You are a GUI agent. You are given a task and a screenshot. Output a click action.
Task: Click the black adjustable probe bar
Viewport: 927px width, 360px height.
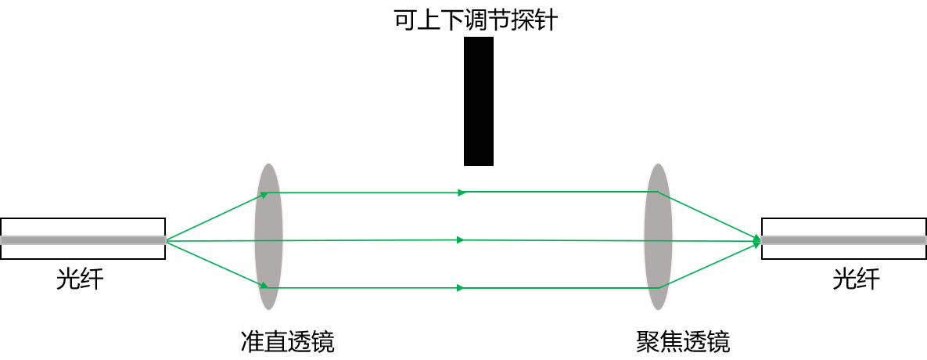point(478,101)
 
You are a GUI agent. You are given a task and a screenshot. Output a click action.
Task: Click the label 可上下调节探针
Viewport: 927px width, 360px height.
point(476,20)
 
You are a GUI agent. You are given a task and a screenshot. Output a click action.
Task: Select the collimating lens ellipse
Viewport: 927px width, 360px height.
point(268,236)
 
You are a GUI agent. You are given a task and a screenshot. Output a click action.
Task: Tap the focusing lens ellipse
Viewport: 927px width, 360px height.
point(658,236)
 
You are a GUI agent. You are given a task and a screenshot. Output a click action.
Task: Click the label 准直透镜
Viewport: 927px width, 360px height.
point(288,341)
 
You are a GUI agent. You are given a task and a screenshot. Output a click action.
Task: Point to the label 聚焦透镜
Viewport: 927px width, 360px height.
point(684,341)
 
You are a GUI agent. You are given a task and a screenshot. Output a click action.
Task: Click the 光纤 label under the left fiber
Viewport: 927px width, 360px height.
point(80,279)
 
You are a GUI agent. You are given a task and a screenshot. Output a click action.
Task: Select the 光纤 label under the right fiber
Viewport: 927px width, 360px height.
point(857,279)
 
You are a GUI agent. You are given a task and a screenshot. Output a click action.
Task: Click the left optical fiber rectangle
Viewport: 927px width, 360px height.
point(83,239)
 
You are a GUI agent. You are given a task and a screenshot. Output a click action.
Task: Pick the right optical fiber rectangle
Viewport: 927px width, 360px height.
point(844,239)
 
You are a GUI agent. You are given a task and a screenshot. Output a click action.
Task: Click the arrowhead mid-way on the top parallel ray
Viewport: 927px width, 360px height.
point(462,192)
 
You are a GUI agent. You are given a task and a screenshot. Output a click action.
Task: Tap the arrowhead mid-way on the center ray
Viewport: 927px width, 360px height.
point(462,240)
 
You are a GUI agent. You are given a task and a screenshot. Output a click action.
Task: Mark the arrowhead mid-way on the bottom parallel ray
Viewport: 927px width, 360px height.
point(462,288)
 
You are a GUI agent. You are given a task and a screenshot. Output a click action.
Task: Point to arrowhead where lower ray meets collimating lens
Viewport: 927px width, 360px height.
point(264,286)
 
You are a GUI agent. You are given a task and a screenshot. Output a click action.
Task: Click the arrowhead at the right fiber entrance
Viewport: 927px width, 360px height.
point(756,240)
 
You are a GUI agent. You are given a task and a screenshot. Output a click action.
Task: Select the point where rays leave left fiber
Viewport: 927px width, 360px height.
point(166,240)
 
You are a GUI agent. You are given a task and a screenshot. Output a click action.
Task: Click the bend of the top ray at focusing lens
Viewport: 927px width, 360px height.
point(658,192)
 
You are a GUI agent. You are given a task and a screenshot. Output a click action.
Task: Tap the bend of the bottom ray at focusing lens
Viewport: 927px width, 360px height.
point(658,288)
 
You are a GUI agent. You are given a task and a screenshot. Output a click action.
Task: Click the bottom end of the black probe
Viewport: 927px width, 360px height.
point(478,165)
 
